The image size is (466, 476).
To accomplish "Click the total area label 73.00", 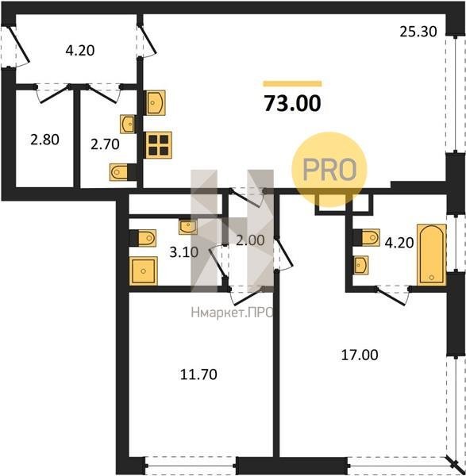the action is coord(292,103).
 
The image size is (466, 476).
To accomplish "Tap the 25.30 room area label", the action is coord(418,32).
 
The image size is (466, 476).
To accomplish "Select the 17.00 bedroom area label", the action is coord(360,355).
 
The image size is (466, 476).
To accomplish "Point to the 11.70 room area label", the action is coord(198,374).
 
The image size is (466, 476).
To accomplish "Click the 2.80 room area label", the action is coord(44,140).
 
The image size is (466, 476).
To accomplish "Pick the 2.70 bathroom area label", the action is coord(105,144).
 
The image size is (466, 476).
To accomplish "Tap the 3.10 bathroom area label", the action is coord(184,252).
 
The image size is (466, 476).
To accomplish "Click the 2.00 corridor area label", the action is coord(250,240).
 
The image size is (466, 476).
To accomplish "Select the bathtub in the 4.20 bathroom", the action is coord(431,255).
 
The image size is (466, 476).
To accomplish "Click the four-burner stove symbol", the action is coord(159,145).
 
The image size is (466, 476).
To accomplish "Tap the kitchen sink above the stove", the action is coord(156,102).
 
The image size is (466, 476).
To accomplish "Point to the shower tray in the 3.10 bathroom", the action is coord(144,271).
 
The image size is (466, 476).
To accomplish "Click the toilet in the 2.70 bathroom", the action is coord(123,172).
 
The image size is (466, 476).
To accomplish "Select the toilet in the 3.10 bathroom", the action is coord(143,238).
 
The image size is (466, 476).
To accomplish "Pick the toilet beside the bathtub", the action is coord(367,237).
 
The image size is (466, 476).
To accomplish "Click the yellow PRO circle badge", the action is coord(329,170).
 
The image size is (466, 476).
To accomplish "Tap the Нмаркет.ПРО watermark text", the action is coord(232,313).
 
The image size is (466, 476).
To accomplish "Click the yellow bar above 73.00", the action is coord(292,83).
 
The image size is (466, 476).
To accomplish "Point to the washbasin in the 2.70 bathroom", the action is coord(128,124).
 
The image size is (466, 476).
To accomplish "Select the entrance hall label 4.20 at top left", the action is coord(80,51).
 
